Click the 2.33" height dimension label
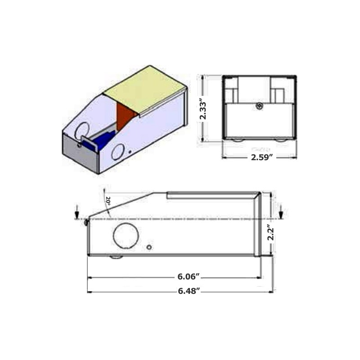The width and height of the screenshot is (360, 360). (x=203, y=109)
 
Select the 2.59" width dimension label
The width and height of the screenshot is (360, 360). (x=262, y=157)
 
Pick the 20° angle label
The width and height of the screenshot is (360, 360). (x=108, y=201)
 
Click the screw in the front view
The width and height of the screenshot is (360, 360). (x=260, y=106)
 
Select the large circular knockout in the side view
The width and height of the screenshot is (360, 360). (x=126, y=235)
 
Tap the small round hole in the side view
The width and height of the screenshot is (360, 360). (x=149, y=247)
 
